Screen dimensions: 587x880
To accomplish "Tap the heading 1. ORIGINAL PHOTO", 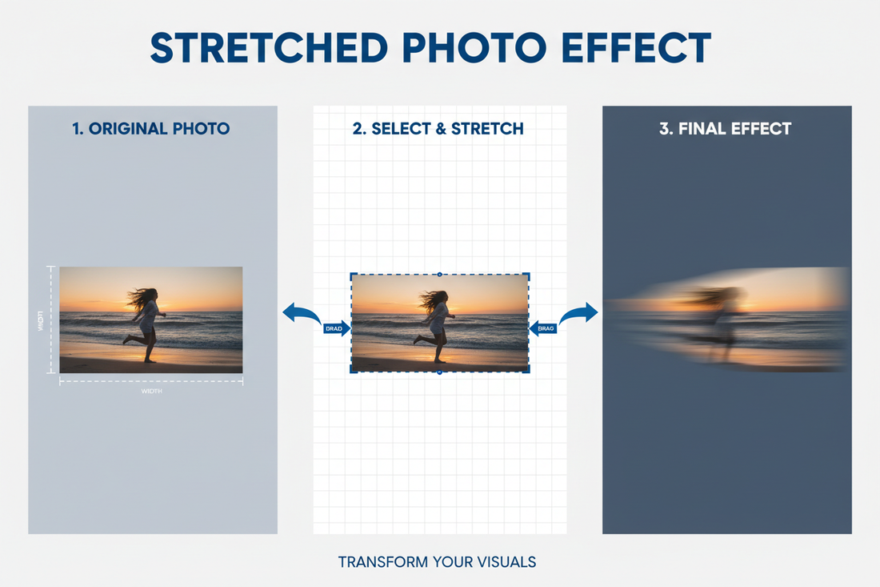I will tap(151, 128).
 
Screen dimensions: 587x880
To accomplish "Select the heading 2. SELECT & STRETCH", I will tap(438, 128).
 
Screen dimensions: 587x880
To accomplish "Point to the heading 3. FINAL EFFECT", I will tap(726, 128).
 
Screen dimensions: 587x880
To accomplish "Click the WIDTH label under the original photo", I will tap(151, 391).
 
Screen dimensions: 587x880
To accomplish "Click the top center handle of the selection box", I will tap(439, 273).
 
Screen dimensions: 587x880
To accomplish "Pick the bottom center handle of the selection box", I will tap(439, 372).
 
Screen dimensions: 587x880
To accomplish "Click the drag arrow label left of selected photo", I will tap(337, 328).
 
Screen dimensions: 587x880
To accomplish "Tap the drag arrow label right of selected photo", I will tap(544, 328).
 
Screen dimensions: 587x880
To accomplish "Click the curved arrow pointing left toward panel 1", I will tap(301, 313).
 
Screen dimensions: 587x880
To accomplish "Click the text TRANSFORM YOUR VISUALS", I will tap(437, 561).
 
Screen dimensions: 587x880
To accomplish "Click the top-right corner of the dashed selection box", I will tap(528, 274).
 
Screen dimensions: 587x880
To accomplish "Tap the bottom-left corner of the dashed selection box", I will tap(350, 372).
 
